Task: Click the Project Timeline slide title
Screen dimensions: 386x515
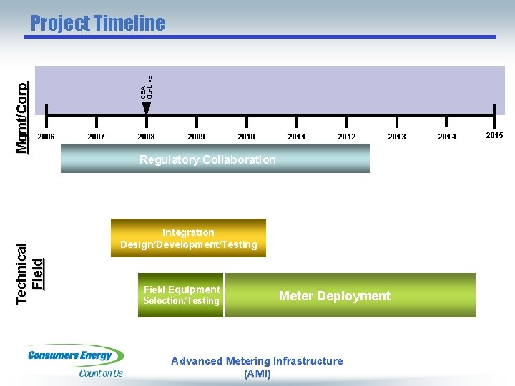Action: pyautogui.click(x=97, y=24)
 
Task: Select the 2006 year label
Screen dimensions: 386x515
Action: pyautogui.click(x=46, y=137)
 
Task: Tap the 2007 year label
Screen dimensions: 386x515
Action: pyautogui.click(x=96, y=137)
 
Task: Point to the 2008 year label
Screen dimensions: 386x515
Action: pyautogui.click(x=146, y=137)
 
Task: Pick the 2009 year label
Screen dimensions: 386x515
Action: pyautogui.click(x=196, y=137)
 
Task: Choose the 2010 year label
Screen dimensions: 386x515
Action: pyautogui.click(x=246, y=137)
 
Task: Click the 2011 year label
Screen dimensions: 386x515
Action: pyautogui.click(x=296, y=137)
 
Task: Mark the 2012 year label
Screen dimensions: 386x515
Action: pyautogui.click(x=347, y=137)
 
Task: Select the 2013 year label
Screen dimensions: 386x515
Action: pyautogui.click(x=396, y=137)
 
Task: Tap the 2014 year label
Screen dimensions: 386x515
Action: pyautogui.click(x=447, y=137)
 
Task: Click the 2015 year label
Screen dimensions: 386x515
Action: pyautogui.click(x=494, y=135)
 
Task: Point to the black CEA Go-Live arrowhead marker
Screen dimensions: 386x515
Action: pyautogui.click(x=147, y=108)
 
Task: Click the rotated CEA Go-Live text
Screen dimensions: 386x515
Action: pyautogui.click(x=146, y=87)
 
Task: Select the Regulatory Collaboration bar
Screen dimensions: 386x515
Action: pyautogui.click(x=215, y=159)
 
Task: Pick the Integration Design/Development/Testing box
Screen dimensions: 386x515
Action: pyautogui.click(x=188, y=238)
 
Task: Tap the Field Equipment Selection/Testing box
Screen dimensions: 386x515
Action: pyautogui.click(x=181, y=295)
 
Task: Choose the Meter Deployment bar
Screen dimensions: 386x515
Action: pyautogui.click(x=350, y=295)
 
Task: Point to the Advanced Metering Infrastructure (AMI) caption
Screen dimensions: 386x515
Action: pyautogui.click(x=257, y=367)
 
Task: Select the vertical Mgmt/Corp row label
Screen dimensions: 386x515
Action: pyautogui.click(x=22, y=108)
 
